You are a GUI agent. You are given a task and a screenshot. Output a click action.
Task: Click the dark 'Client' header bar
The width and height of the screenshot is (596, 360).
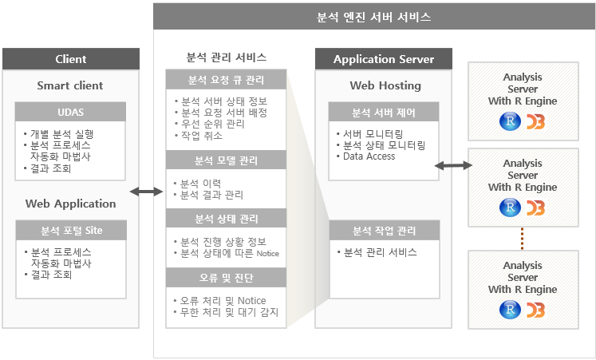(x=71, y=59)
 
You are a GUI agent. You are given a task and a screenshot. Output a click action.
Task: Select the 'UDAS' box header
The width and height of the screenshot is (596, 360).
(x=70, y=112)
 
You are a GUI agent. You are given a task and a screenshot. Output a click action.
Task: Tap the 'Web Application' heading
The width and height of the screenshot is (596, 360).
(x=71, y=204)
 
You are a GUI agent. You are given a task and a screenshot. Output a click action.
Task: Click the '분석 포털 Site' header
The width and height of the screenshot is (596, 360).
(x=71, y=231)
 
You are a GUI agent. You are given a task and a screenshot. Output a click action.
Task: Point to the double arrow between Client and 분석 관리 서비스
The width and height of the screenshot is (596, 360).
(x=146, y=192)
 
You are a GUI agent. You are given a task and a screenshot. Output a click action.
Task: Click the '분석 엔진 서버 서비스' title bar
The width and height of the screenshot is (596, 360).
(x=374, y=17)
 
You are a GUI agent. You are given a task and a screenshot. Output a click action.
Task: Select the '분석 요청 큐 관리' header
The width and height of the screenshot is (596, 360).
(x=226, y=80)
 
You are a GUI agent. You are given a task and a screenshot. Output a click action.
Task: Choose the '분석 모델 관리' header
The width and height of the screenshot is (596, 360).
(x=226, y=160)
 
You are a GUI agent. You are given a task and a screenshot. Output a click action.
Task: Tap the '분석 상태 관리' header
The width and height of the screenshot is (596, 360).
(x=226, y=219)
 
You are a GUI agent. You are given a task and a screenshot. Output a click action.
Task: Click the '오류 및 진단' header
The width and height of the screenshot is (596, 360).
(x=226, y=278)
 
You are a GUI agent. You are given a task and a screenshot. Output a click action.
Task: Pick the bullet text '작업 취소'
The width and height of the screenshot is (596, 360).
(x=202, y=136)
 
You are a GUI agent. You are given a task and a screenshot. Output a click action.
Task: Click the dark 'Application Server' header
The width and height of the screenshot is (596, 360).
(x=384, y=59)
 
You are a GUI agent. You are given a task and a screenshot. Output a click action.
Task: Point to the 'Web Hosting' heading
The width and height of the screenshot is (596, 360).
(x=385, y=85)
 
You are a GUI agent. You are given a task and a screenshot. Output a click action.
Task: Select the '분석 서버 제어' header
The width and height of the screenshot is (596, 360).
(x=384, y=113)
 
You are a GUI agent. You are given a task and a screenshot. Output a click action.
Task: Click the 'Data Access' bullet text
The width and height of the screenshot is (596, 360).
(x=369, y=156)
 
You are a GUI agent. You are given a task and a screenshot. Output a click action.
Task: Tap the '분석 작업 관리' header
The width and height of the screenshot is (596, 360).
(x=385, y=231)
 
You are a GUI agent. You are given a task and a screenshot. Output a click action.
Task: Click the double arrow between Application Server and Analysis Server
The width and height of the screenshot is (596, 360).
(x=453, y=165)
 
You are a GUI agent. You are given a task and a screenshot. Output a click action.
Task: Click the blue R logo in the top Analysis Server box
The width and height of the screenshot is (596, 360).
(x=510, y=121)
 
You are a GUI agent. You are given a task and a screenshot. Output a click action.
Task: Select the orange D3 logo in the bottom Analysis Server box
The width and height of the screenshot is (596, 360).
(x=535, y=311)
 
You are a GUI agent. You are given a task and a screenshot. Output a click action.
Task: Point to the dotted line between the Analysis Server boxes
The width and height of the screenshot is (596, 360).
(x=523, y=239)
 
